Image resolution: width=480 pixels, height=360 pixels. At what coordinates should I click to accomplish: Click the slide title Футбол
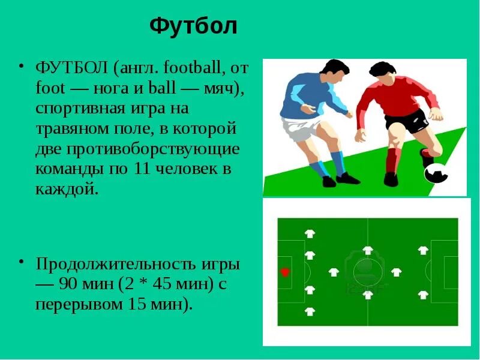pos(193,26)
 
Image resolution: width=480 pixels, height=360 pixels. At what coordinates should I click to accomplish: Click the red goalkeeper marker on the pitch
pos(285,272)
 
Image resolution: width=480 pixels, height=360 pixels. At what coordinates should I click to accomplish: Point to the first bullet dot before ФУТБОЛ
pos(21,65)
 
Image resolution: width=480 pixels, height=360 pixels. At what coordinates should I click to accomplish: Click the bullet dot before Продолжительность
pos(21,262)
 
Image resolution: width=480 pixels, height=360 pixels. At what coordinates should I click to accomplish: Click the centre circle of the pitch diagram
pos(367,272)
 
